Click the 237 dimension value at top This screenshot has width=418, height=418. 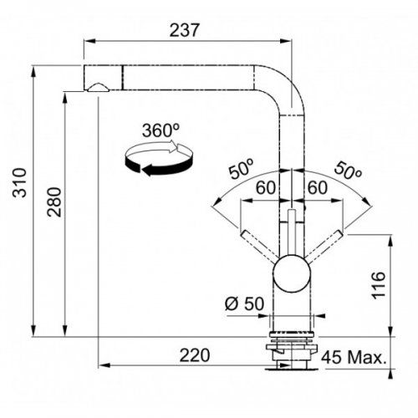[185, 30]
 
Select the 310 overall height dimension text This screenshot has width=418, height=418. [19, 182]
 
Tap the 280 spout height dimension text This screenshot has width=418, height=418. [54, 202]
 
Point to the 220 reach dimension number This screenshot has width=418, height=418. [194, 355]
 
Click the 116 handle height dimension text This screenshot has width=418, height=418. [379, 285]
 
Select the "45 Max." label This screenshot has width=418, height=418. [354, 357]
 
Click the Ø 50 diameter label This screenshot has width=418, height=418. [244, 303]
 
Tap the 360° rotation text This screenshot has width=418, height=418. [161, 130]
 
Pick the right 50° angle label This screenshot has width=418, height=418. [348, 170]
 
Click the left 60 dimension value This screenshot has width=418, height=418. [266, 187]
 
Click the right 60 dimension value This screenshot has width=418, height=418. [317, 187]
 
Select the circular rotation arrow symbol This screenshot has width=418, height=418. [159, 158]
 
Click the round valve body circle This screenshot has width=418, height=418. [292, 273]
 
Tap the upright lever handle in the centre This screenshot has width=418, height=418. [292, 232]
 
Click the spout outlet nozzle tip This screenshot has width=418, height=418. [98, 88]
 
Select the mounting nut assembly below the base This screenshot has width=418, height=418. [292, 351]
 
